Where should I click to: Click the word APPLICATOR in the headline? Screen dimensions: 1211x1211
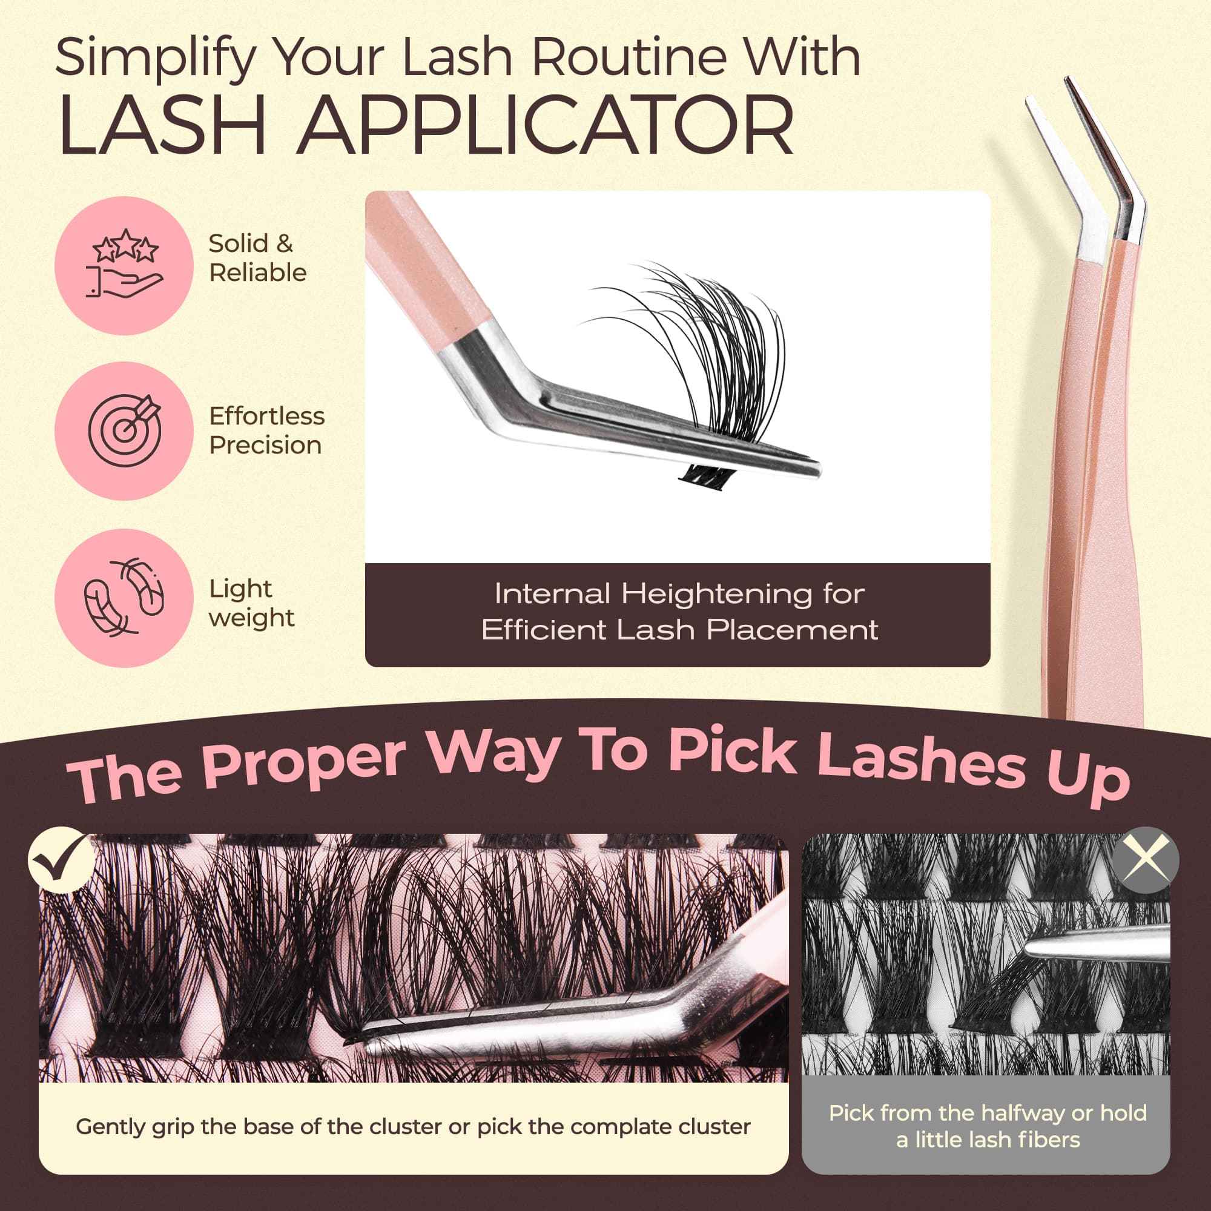pyautogui.click(x=546, y=125)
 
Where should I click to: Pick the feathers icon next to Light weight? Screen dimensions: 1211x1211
pyautogui.click(x=124, y=597)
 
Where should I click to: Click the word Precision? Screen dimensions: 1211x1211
pyautogui.click(x=265, y=446)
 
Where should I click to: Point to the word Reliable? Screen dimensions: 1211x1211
pyautogui.click(x=257, y=272)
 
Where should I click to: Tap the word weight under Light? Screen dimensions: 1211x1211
pyautogui.click(x=251, y=619)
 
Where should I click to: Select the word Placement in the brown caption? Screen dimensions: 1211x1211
pyautogui.click(x=793, y=630)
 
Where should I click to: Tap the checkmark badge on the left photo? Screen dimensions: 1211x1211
pyautogui.click(x=61, y=860)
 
